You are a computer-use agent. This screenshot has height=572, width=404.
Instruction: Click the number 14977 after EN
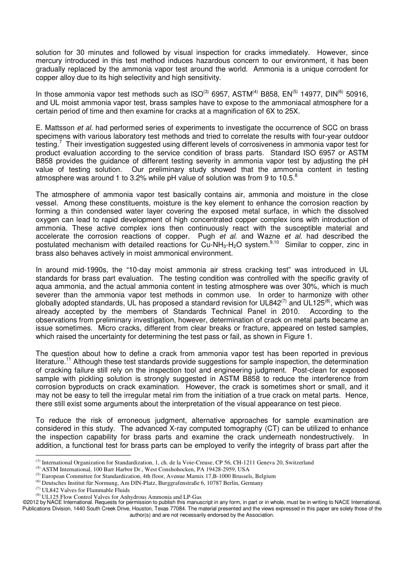312,94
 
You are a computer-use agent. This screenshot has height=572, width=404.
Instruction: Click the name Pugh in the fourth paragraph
207,236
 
